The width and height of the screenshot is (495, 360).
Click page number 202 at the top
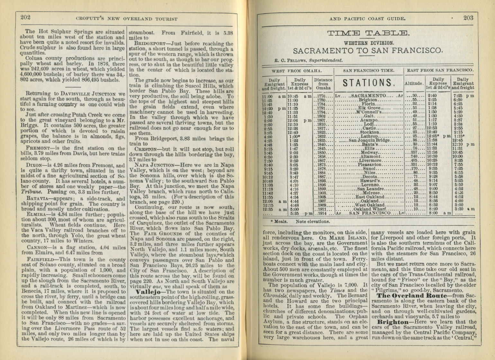25,17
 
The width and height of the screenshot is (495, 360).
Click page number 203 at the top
468,18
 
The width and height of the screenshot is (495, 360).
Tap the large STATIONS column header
368,83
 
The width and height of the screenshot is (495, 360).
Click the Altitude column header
414,83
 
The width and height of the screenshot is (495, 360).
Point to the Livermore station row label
370,160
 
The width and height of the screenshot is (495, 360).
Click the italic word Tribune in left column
30,192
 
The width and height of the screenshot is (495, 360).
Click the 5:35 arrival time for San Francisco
295,213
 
